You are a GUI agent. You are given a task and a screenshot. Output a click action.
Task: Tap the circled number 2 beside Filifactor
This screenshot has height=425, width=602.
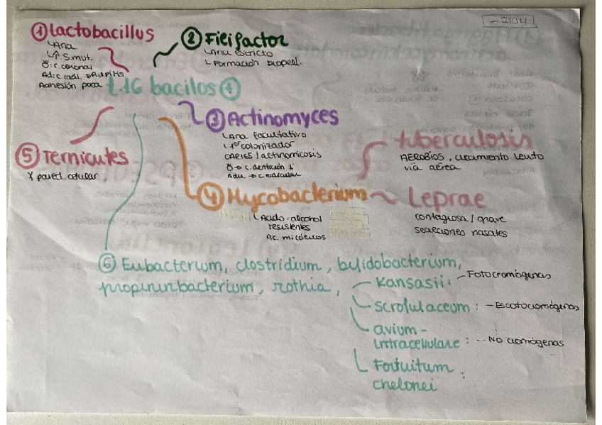point(191,39)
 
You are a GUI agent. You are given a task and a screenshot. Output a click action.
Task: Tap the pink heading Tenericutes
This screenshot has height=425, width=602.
point(84,157)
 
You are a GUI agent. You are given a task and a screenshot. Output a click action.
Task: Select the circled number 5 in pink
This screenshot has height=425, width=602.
point(26,156)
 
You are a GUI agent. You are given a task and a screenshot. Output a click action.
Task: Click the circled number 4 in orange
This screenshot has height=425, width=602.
point(211,196)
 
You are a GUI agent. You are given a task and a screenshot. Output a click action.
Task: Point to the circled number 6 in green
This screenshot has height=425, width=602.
point(108,263)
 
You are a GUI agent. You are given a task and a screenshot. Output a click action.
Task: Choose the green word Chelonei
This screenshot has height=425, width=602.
point(404,385)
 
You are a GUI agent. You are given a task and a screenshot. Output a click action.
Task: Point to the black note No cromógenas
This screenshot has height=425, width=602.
point(525,341)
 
